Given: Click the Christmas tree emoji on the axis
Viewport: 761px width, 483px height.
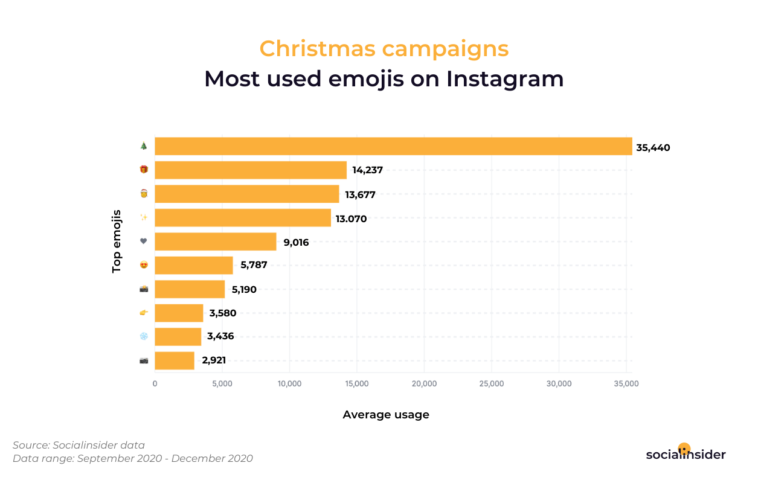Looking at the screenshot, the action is tap(144, 146).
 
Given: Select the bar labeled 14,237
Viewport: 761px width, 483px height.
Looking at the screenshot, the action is tap(251, 170).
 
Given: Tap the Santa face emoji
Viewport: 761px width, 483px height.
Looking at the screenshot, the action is tap(144, 194).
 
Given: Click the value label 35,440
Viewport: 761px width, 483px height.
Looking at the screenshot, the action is tap(653, 148).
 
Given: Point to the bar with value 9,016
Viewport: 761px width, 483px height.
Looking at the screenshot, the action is tap(216, 241).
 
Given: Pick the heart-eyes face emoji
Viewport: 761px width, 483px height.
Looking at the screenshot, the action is tap(144, 265).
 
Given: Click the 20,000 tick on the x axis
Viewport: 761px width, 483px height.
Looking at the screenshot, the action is tap(424, 384).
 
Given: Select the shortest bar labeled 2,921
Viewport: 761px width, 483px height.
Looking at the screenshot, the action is tap(175, 360).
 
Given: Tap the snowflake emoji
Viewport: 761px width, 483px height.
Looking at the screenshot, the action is tap(144, 336).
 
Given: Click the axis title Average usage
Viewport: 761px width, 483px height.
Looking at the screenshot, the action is tap(386, 415).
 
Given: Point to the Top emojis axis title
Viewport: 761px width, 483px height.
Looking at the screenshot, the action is tap(116, 241).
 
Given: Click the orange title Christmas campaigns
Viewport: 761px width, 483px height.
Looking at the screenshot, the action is tap(384, 48).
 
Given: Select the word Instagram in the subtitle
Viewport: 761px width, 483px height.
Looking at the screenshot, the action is tap(505, 79).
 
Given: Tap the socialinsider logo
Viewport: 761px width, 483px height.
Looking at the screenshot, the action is tap(686, 453).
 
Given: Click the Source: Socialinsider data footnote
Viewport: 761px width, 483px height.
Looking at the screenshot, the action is tap(79, 445).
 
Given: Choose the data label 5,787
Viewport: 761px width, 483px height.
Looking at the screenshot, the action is tap(254, 265).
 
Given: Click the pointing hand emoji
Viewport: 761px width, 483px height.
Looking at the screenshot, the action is tap(144, 313).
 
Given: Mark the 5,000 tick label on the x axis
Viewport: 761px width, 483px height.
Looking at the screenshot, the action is tap(222, 384).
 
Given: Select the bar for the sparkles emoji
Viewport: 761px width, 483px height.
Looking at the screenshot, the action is tap(243, 218).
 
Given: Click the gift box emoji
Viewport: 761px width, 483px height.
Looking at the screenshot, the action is tap(144, 169).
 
